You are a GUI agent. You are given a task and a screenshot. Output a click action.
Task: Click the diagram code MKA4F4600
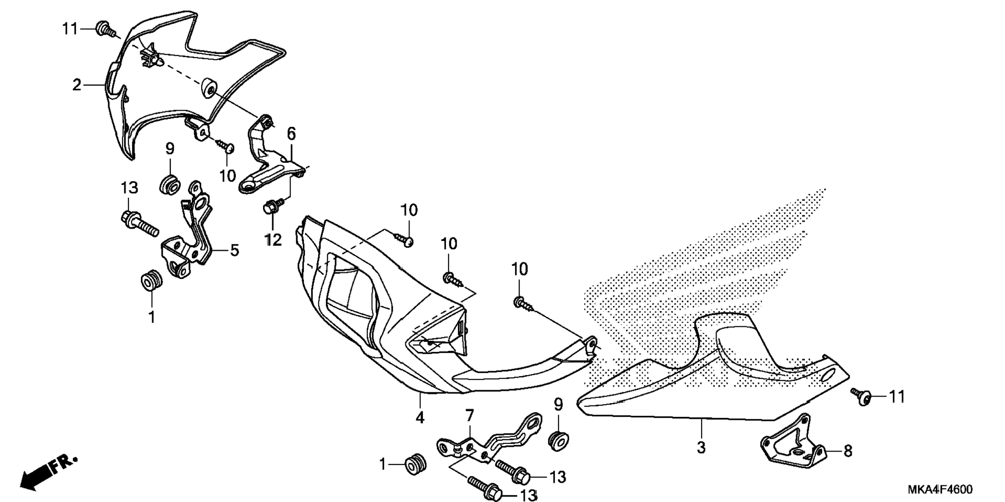coord(940,490)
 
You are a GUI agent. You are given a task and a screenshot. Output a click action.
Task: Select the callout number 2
coord(77,85)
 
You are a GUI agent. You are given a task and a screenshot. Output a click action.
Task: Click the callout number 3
coord(701,446)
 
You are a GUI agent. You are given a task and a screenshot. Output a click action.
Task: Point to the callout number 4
coord(420,417)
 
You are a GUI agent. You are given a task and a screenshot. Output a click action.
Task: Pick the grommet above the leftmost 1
coord(152,281)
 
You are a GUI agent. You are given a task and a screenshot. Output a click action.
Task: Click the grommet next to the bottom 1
coord(415,464)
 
